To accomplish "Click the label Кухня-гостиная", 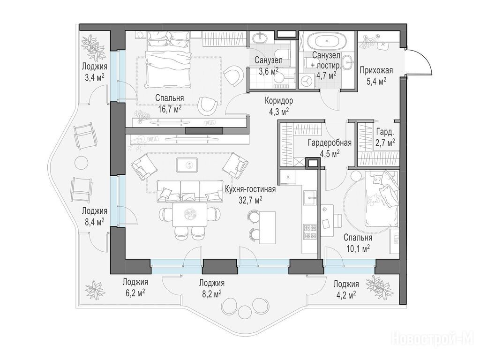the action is pyautogui.click(x=250, y=189).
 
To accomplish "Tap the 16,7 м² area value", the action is pyautogui.click(x=170, y=109).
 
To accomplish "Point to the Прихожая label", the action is pyautogui.click(x=376, y=71).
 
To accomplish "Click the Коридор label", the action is pyautogui.click(x=278, y=100).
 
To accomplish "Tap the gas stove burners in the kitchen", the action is pyautogui.click(x=309, y=232).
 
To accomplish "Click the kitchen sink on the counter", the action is pyautogui.click(x=309, y=198).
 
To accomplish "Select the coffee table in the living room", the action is pyautogui.click(x=187, y=165).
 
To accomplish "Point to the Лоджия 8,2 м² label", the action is pyautogui.click(x=211, y=288).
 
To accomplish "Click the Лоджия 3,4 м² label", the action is pyautogui.click(x=94, y=72).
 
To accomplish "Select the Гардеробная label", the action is pyautogui.click(x=330, y=142).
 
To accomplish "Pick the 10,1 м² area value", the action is pyautogui.click(x=358, y=247).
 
